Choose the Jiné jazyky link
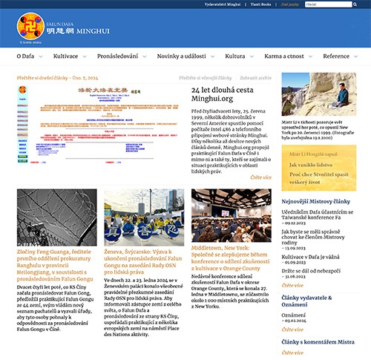[x=289, y=4]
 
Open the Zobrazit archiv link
[x=255, y=76]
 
